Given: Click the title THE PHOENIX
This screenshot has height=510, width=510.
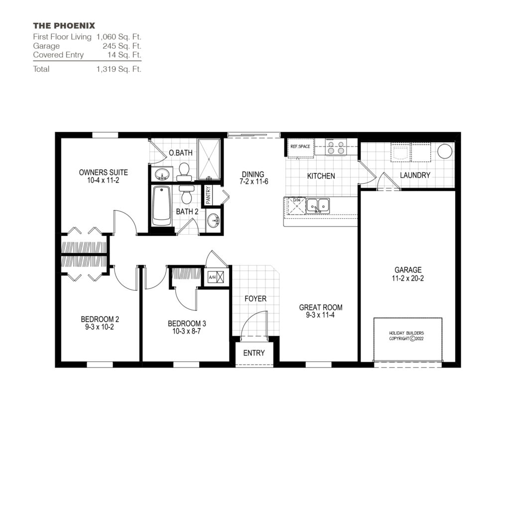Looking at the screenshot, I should (64, 25).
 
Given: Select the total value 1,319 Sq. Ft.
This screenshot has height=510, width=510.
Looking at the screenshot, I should (119, 69).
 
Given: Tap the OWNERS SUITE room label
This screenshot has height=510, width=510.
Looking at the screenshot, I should (103, 172).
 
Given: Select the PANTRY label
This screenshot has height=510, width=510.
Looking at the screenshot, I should (208, 196).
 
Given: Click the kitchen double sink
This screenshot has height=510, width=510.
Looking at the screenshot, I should (317, 204).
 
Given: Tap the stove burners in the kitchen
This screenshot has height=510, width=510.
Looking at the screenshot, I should (336, 147).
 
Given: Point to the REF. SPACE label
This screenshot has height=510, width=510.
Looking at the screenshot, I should (300, 147).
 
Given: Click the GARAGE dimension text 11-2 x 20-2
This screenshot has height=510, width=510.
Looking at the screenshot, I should (407, 278).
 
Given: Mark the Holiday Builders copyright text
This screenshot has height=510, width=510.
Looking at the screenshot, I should (408, 336).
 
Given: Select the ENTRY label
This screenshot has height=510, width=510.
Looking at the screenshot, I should (254, 353).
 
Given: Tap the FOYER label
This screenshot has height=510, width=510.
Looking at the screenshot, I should (255, 299).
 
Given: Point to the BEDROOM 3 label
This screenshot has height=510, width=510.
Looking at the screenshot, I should (187, 324).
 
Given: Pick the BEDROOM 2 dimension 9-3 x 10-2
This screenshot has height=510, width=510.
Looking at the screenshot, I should (100, 327).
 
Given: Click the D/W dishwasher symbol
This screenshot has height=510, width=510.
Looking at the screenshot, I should (296, 205).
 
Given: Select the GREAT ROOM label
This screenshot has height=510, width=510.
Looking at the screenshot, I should (321, 307).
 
